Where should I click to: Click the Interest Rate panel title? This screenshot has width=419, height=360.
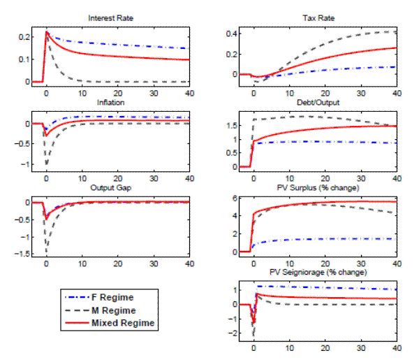coord(110,17)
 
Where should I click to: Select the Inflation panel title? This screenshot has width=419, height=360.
coord(110,102)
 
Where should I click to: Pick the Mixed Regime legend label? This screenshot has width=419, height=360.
coord(121,323)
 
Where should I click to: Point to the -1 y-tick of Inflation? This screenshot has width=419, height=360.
coord(24,165)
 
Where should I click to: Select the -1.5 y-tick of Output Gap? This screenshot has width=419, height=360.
coord(20,253)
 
